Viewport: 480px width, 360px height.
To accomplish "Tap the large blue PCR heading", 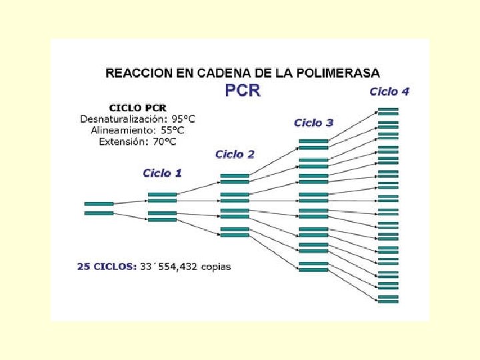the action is [243, 91].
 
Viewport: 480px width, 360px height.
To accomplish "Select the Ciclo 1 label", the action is [162, 173].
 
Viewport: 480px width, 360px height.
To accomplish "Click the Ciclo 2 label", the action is [235, 155].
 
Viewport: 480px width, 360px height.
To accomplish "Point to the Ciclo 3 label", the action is [313, 123].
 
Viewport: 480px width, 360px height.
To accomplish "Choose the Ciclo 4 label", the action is [389, 91].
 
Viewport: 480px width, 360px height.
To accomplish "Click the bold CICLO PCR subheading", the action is [138, 107].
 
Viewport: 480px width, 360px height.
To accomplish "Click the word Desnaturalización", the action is [118, 119].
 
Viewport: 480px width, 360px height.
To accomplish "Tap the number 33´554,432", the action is [170, 267].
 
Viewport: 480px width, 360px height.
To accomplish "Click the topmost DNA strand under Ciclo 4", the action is [388, 108].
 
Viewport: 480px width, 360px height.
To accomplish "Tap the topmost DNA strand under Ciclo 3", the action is [313, 140].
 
